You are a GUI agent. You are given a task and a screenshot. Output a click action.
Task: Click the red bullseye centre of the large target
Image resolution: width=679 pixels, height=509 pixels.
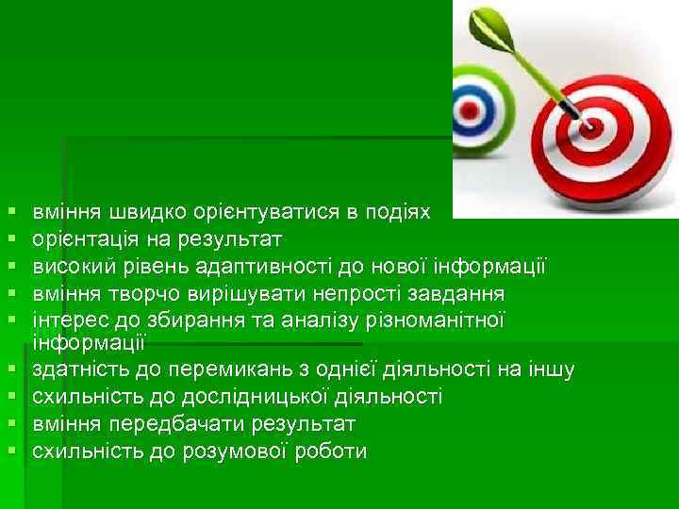[596, 123]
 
